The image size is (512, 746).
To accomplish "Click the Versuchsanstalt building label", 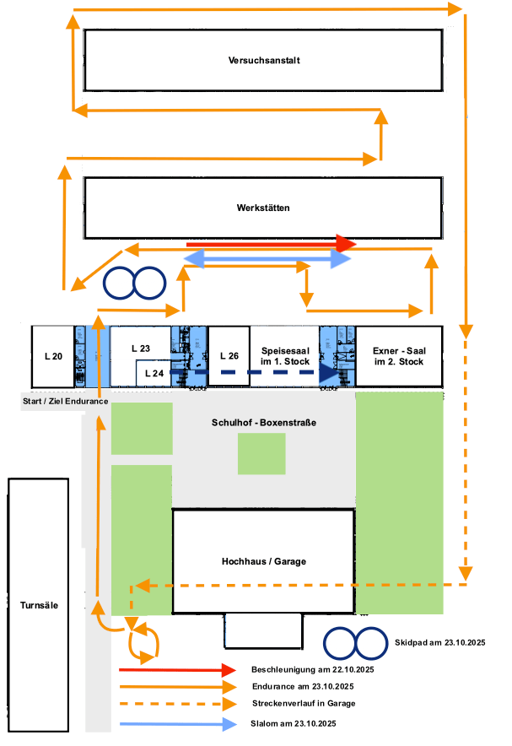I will [x=264, y=61].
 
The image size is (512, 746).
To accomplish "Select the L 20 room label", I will [x=52, y=356].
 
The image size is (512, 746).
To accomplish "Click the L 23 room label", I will [x=140, y=348].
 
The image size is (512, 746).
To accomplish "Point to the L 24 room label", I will [x=154, y=372].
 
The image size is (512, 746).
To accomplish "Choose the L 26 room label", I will [x=229, y=355].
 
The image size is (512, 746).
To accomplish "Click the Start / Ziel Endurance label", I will [x=64, y=401].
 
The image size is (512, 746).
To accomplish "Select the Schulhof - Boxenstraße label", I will [x=263, y=422].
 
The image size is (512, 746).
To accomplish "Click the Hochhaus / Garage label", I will [x=264, y=562].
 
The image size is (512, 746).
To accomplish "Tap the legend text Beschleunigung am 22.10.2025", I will [x=312, y=669].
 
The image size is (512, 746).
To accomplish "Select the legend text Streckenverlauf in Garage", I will [x=304, y=703].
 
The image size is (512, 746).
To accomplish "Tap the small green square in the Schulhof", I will [x=261, y=453].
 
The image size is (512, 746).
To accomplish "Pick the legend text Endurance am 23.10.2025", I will [x=301, y=686].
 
